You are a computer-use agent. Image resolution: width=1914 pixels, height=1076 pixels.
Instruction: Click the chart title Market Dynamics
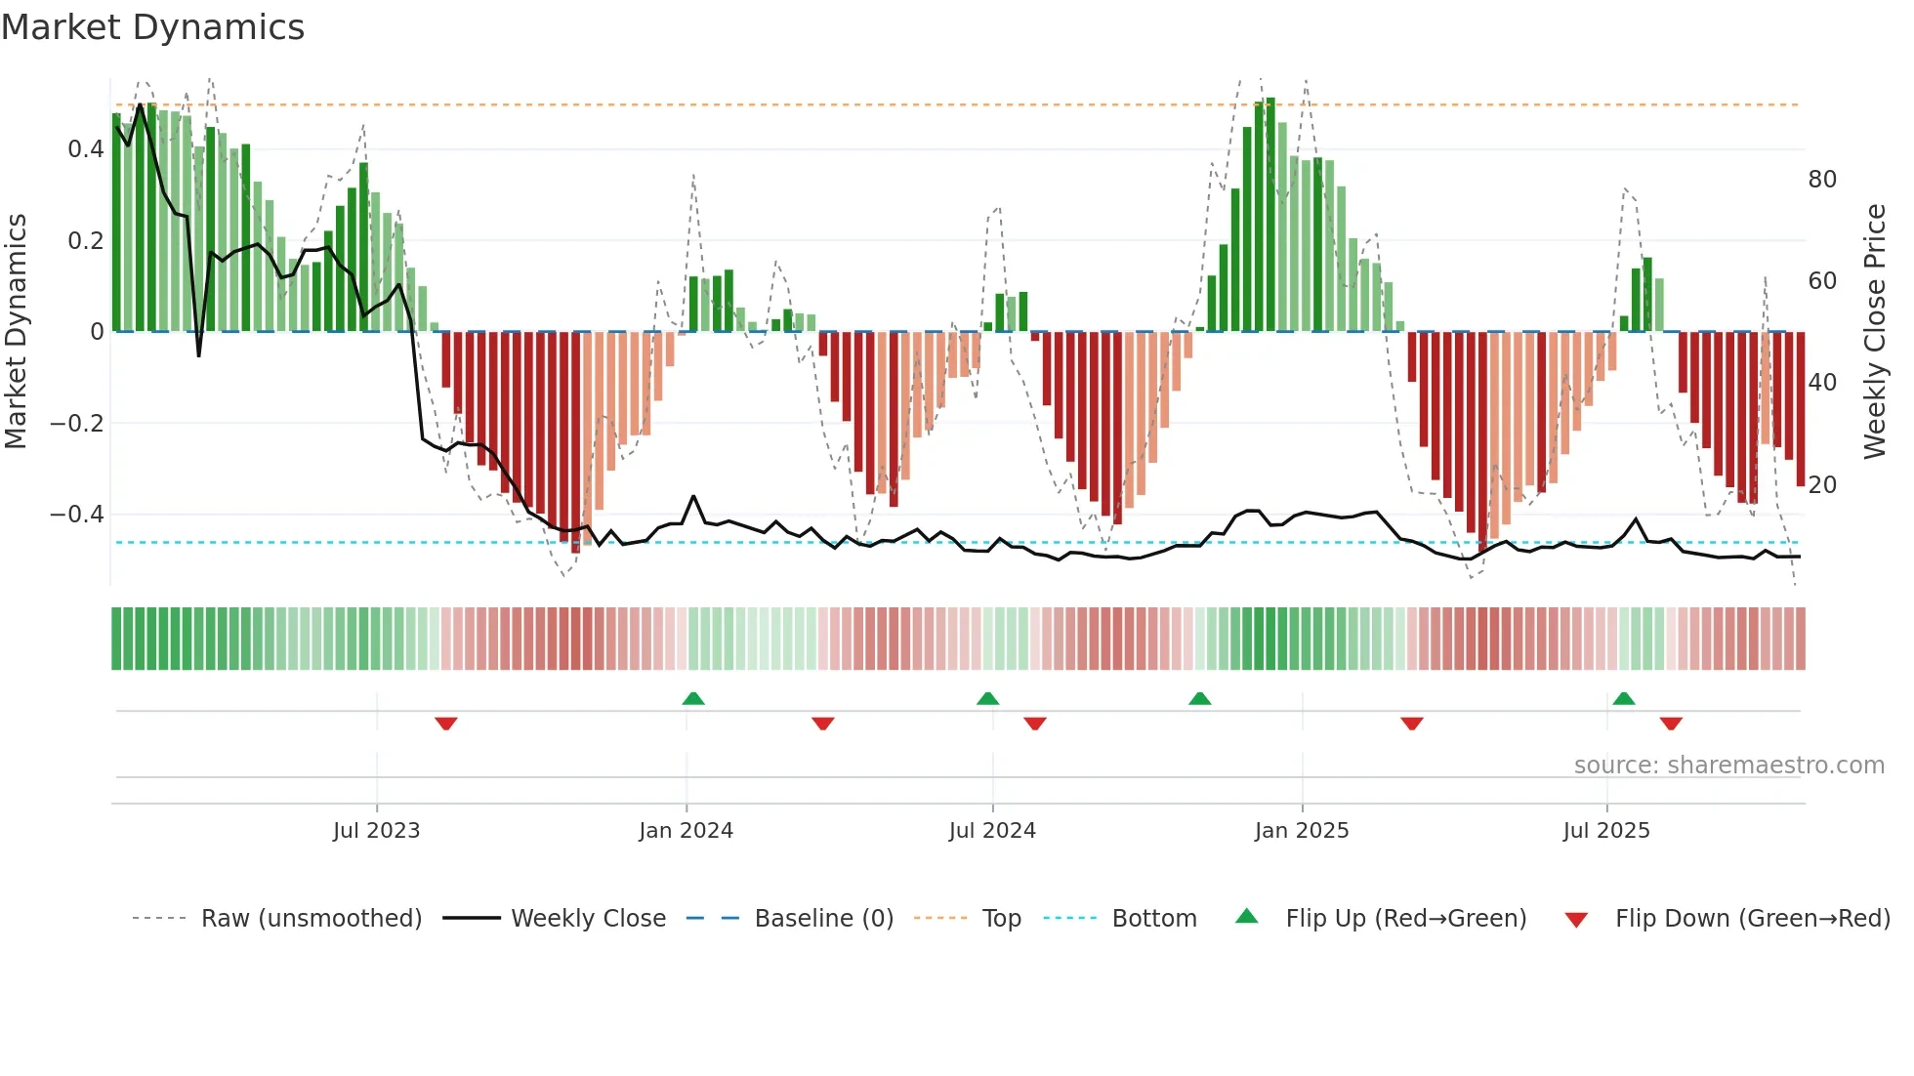152,27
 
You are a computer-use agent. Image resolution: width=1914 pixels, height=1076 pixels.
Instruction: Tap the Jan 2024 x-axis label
686,831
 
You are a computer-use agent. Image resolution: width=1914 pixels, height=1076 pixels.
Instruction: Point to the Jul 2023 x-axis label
376,831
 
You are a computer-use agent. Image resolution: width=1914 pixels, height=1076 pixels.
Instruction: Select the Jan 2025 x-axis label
1301,831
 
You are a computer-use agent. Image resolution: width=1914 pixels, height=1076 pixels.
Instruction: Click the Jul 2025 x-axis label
1605,831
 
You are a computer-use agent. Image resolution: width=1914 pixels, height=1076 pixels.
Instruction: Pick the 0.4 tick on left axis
85,149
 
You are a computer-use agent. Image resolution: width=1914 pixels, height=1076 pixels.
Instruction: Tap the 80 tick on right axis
1822,180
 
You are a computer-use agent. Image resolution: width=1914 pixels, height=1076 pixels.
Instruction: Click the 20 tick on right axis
1822,485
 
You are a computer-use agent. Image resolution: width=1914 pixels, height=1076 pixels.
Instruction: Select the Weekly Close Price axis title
1875,332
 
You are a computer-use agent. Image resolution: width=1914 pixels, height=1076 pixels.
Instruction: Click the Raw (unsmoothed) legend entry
311,919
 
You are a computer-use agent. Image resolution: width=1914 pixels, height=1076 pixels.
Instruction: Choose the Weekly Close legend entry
588,919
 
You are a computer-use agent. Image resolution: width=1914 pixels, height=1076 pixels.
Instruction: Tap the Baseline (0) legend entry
823,919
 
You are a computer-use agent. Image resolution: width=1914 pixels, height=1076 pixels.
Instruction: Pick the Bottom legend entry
1153,919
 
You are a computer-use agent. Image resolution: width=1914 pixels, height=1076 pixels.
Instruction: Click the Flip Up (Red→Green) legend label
1405,919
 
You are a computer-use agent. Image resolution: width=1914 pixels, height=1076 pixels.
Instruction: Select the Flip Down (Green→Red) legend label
1752,919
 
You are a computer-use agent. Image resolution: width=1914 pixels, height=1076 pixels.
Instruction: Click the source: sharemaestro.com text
1728,766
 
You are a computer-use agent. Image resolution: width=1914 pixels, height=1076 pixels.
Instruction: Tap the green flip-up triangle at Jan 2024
693,698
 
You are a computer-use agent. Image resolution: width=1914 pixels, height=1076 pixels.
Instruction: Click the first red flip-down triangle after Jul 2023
446,724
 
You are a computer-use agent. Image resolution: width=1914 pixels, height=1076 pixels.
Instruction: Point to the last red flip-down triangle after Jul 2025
1671,724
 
